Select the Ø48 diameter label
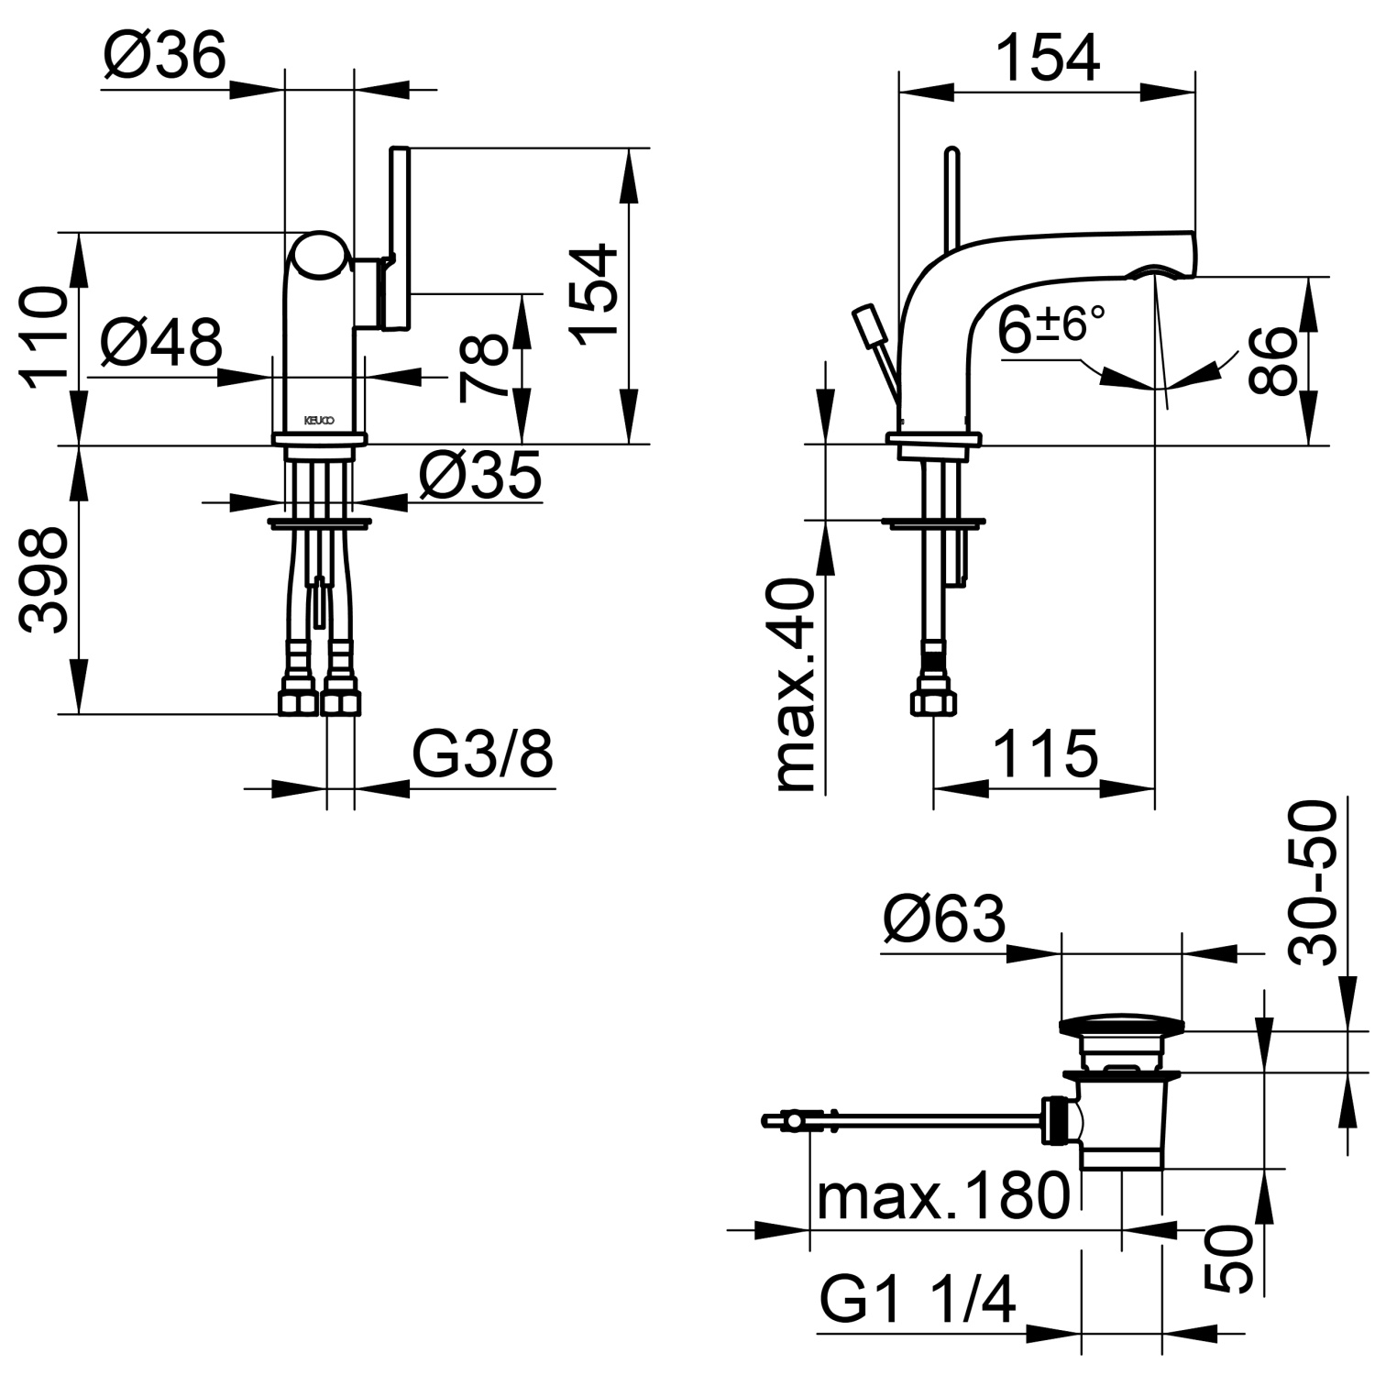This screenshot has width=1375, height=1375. point(161,343)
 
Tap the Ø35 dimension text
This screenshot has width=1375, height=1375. point(480,476)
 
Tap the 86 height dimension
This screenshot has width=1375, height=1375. point(1272,361)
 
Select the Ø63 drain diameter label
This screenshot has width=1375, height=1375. point(944,919)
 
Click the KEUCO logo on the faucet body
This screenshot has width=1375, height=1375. point(319,420)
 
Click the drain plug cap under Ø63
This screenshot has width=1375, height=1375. point(1121,1025)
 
